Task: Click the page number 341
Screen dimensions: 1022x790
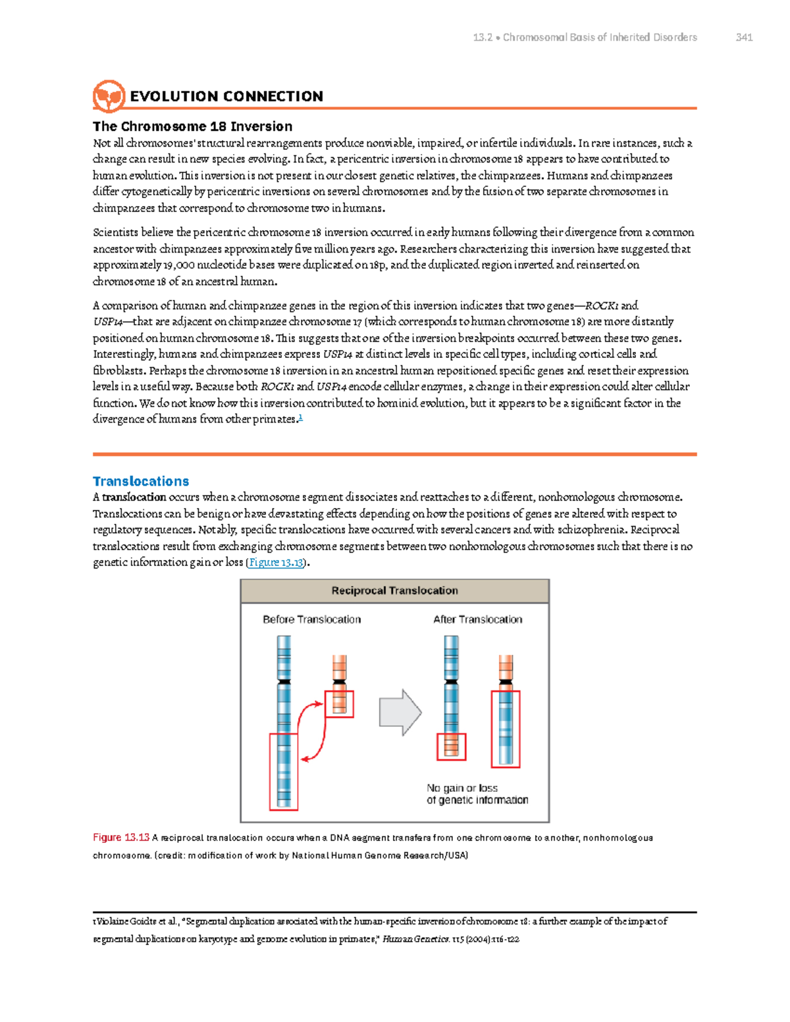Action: pos(744,38)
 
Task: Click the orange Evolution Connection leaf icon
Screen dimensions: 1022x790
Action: pos(109,97)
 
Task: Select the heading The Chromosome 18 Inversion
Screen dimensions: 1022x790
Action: pos(192,126)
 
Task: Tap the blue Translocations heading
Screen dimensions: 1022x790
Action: pos(141,481)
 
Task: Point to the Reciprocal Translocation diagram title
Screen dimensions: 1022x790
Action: pos(394,591)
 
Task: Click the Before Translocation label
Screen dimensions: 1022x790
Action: pos(311,619)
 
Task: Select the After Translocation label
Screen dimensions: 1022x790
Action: pos(477,619)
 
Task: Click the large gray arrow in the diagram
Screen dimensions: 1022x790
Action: pos(400,713)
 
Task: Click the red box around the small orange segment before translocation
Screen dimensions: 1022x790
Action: pos(340,703)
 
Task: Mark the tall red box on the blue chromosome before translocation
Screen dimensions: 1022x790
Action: pos(284,771)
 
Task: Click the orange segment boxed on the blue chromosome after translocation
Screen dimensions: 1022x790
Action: pos(452,746)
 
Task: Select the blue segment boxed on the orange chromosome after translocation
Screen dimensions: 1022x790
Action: pos(506,728)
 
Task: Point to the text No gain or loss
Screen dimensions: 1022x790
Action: pos(462,788)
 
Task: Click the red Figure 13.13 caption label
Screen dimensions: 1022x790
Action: pos(121,838)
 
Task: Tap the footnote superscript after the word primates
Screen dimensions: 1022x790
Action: pos(300,417)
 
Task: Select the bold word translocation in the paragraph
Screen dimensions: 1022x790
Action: pos(134,498)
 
